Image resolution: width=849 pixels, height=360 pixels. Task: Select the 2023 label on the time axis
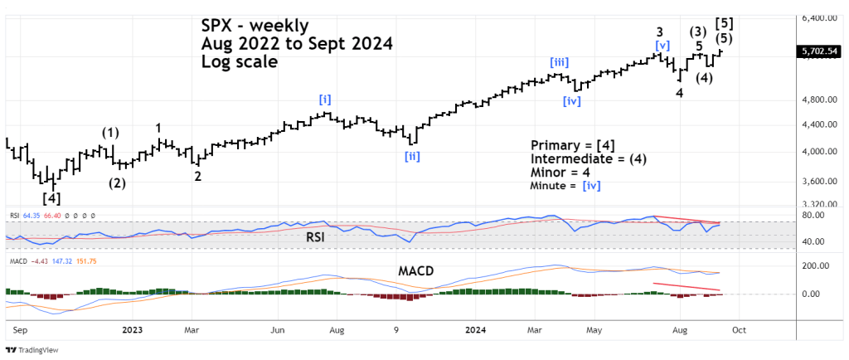click(131, 329)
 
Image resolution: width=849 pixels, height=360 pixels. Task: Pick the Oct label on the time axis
click(739, 329)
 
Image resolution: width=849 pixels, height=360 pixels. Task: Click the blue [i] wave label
click(325, 100)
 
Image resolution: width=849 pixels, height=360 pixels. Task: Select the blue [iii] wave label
click(558, 61)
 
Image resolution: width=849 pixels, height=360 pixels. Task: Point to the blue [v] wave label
click(662, 46)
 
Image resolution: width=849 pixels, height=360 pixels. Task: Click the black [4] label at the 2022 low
click(51, 198)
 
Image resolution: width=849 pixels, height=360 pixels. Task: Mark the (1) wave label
click(110, 132)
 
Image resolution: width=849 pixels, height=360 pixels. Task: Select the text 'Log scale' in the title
click(240, 61)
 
